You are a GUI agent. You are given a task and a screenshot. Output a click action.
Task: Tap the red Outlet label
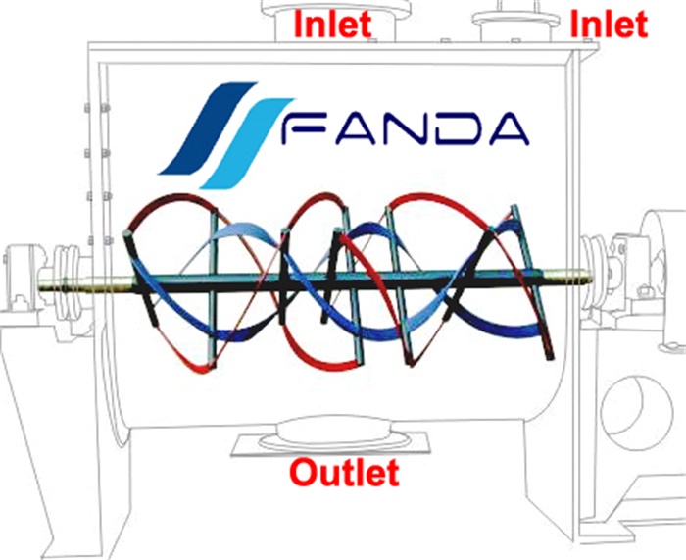pos(344,474)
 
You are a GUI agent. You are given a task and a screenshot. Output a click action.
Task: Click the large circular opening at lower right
pos(637,402)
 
